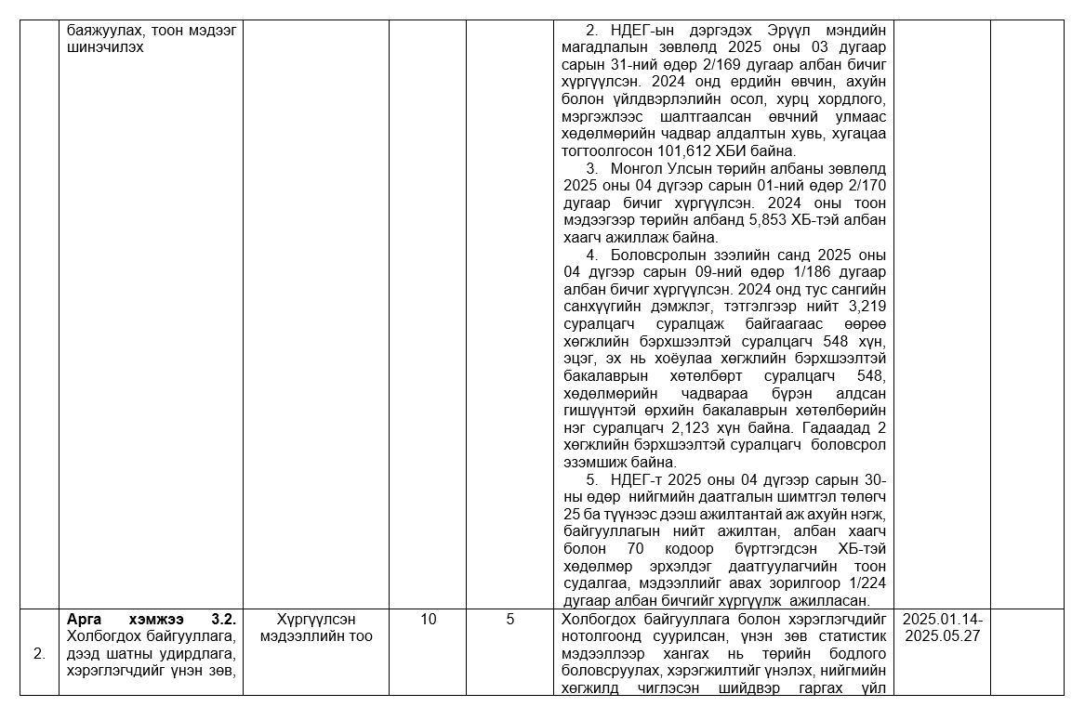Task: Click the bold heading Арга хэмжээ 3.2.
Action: pos(152,620)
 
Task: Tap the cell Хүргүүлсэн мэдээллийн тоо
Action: pos(316,628)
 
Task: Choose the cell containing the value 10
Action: pos(428,620)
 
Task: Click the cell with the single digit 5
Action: pos(510,620)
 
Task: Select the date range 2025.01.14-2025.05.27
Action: pos(942,628)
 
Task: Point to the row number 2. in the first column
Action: pos(39,654)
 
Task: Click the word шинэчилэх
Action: pos(105,46)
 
